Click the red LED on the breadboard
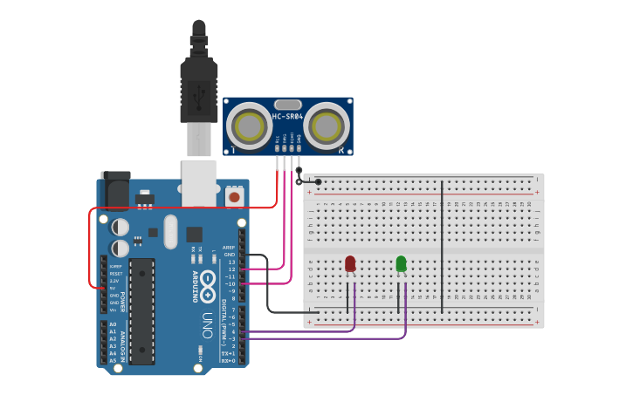click(350, 263)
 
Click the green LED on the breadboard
click(401, 263)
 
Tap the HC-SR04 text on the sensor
click(287, 117)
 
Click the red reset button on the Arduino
click(234, 198)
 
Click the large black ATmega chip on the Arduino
click(141, 310)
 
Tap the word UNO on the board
click(208, 323)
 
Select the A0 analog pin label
click(113, 324)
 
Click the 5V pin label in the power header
click(113, 289)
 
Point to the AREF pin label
click(229, 248)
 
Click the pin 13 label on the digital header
click(230, 262)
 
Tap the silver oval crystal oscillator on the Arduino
click(170, 231)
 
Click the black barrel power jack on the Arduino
click(115, 189)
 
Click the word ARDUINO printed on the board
click(194, 285)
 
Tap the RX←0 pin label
click(229, 359)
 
